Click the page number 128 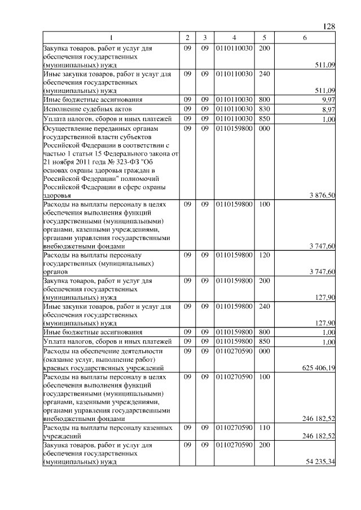(x=329, y=26)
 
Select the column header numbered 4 (x=234, y=38)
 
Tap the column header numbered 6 (x=305, y=38)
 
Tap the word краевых (x=57, y=367)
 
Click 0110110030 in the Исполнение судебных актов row (x=234, y=109)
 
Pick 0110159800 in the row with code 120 (x=234, y=255)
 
